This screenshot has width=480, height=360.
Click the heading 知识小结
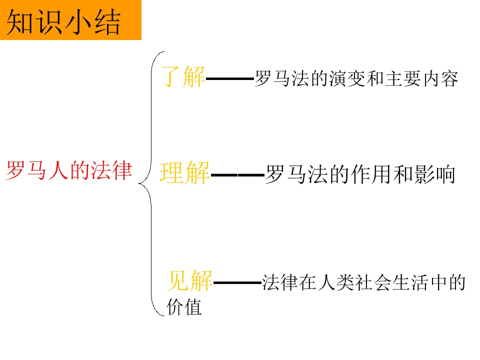(x=63, y=21)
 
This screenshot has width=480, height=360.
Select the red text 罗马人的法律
(x=69, y=170)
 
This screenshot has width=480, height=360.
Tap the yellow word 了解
(x=183, y=76)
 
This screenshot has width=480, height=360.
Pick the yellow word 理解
(x=184, y=173)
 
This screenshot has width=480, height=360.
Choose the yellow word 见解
(x=189, y=280)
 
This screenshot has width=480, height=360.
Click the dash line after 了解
(x=230, y=78)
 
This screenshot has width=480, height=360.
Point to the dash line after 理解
(x=237, y=175)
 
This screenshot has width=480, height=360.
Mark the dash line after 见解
(x=237, y=282)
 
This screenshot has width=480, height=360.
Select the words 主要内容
(x=421, y=78)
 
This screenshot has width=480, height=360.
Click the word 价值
(x=184, y=307)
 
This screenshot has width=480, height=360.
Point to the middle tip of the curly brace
(x=138, y=183)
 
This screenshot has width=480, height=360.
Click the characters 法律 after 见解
(x=280, y=282)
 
